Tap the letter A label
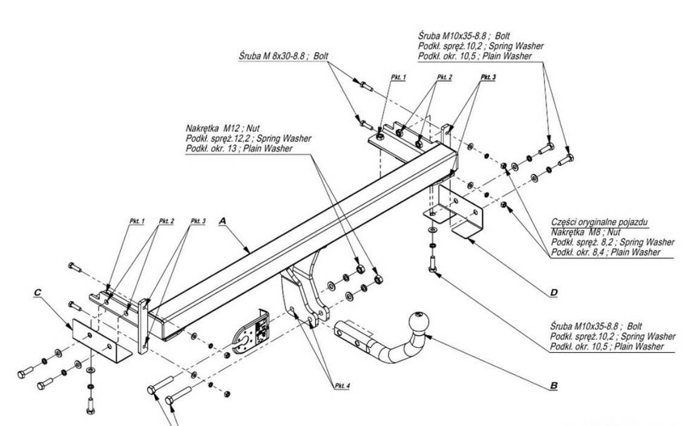[223, 220]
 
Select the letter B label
[554, 385]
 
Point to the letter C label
[38, 292]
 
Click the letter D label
[554, 292]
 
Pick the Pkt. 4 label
[342, 385]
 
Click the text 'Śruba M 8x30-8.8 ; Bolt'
[284, 56]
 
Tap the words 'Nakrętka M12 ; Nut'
[223, 129]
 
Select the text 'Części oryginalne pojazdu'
[600, 222]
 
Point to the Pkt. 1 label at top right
[398, 77]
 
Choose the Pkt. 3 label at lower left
[198, 221]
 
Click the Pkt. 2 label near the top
[444, 77]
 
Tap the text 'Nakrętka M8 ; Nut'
[586, 232]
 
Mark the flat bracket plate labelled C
[102, 341]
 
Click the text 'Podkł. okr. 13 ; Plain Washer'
[239, 149]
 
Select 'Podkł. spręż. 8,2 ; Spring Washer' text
[612, 242]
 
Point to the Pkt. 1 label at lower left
[137, 221]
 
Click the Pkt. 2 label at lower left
[166, 221]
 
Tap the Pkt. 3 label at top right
[488, 77]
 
